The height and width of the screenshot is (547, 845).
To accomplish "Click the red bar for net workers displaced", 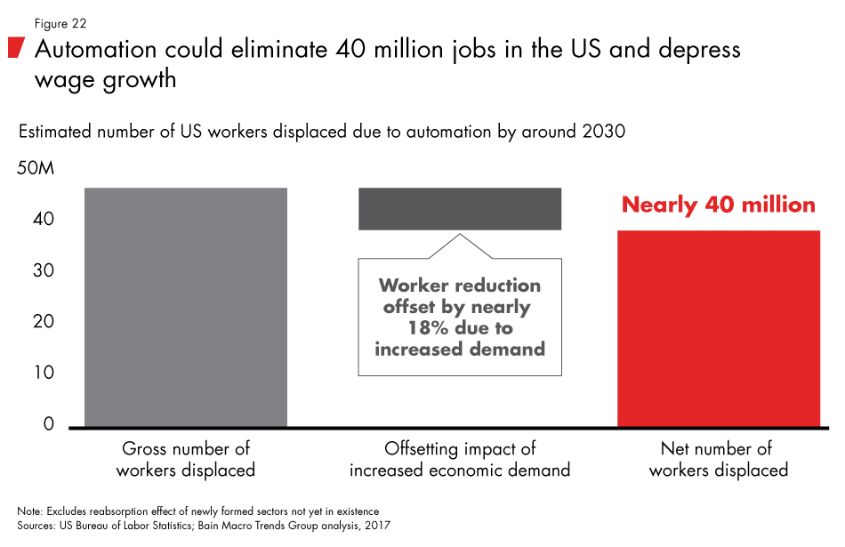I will [718, 328].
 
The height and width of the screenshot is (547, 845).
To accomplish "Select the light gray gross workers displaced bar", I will [185, 307].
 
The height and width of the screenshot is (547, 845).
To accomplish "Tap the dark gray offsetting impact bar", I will [459, 208].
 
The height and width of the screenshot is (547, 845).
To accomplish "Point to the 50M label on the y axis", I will [36, 168].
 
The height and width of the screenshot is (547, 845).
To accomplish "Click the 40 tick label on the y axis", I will [41, 220].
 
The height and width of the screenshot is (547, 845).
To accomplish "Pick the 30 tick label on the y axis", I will [41, 270].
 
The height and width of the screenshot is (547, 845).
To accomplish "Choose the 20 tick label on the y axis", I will [41, 321].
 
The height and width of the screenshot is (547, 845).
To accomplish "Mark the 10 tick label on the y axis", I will [41, 373].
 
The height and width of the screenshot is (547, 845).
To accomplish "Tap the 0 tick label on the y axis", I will [48, 424].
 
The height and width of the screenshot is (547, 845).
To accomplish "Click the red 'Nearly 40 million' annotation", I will [718, 205].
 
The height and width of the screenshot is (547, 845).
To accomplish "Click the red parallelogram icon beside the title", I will [15, 49].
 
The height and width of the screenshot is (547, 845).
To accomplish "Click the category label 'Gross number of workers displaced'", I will [186, 459].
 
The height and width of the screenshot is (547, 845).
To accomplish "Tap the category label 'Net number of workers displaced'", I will [718, 459].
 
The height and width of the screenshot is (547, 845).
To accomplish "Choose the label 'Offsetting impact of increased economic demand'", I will [459, 459].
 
